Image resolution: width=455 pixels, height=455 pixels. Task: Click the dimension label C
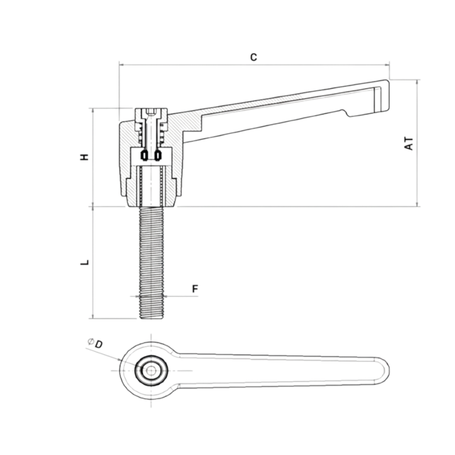click(253, 57)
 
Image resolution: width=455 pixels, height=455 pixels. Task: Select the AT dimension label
click(409, 143)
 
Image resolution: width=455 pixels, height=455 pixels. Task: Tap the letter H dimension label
click(85, 157)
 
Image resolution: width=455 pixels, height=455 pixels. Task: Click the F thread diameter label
click(194, 289)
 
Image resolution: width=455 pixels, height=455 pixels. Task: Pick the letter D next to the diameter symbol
click(99, 343)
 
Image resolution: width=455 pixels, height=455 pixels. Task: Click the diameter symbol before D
click(90, 341)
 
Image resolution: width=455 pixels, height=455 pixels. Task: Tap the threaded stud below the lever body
click(151, 259)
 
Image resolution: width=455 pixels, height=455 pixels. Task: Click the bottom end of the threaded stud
click(151, 317)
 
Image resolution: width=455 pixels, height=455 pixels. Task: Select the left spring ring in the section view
click(144, 155)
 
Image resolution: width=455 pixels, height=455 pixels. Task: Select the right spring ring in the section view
click(158, 155)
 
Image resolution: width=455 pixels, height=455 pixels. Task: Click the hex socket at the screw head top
click(151, 112)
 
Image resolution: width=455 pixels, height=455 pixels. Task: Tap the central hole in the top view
click(151, 371)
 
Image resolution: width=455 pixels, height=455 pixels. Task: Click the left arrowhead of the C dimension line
click(121, 64)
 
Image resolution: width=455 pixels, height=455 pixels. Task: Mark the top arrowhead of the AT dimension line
click(417, 82)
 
